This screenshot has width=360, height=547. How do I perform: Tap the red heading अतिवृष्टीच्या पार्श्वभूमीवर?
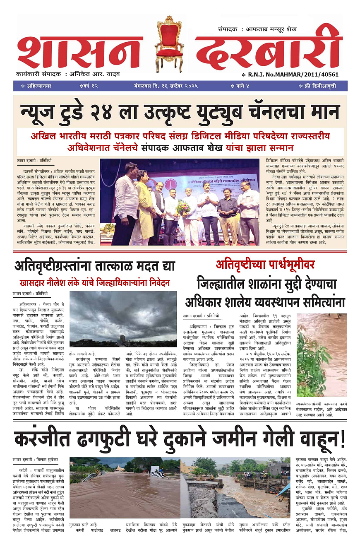(x=265, y=265)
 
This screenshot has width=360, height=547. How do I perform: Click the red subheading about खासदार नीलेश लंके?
(x=95, y=283)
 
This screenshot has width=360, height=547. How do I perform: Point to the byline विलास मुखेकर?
(x=48, y=460)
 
